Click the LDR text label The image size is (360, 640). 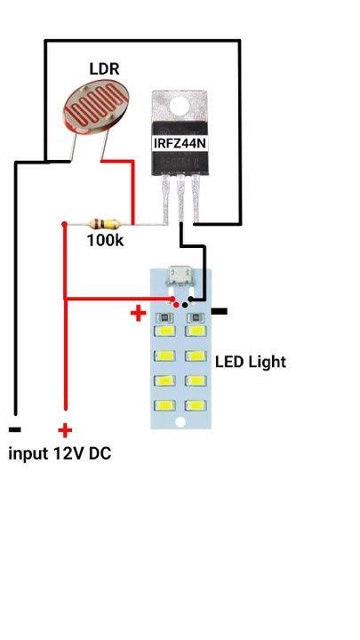click(x=104, y=68)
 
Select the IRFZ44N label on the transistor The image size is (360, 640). click(x=182, y=142)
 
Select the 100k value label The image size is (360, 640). click(x=105, y=241)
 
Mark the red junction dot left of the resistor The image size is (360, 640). click(x=63, y=224)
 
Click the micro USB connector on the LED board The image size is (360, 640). click(x=182, y=274)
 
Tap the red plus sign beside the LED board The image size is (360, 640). click(x=138, y=313)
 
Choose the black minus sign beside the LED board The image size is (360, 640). click(x=219, y=311)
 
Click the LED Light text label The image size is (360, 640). click(x=251, y=362)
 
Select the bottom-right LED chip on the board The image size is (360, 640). click(x=196, y=405)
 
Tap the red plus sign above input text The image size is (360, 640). click(x=65, y=430)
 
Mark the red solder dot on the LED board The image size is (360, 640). click(x=175, y=304)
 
